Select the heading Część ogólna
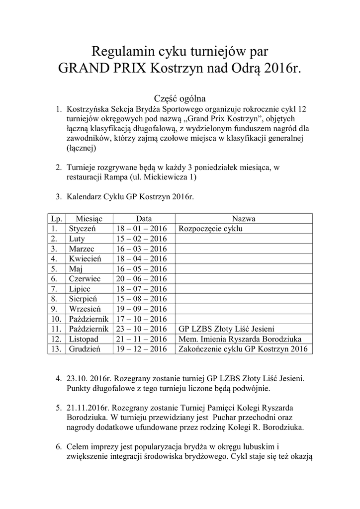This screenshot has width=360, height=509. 180,98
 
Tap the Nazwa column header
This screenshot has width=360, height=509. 244,219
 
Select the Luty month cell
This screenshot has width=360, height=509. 77,239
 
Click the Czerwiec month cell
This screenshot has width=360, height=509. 85,279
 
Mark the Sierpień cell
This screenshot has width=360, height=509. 84,299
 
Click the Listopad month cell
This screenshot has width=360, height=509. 84,339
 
